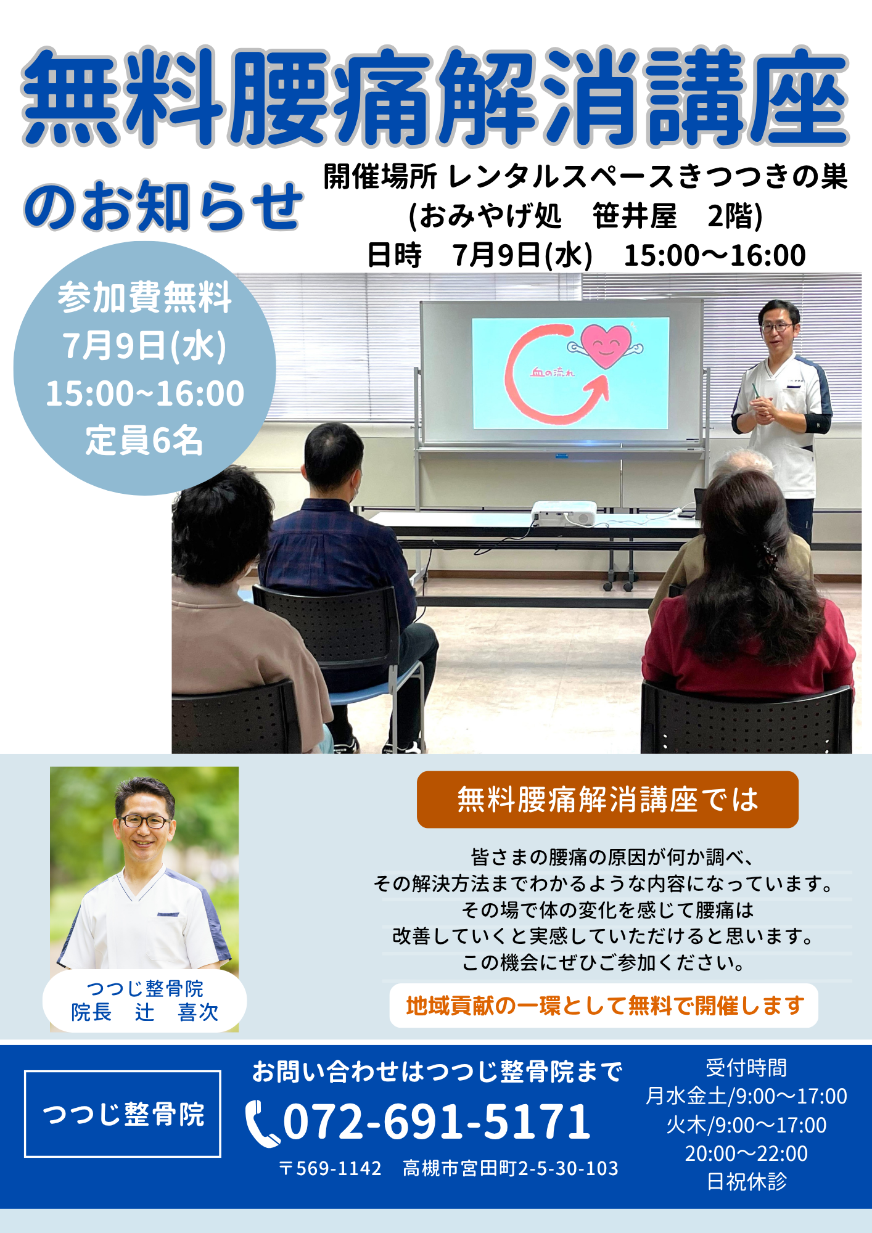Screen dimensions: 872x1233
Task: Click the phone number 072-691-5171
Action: tap(437, 1121)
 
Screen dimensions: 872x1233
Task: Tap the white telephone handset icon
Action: tap(261, 1124)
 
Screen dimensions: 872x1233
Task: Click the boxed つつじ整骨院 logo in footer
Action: tap(123, 1114)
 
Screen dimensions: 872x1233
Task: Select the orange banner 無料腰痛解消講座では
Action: tap(607, 800)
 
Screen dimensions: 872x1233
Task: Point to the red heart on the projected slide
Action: tap(606, 346)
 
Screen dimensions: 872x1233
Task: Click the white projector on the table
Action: tap(564, 513)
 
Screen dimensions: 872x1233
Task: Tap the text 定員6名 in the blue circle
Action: tap(144, 441)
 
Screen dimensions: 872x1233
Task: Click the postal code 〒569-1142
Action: tap(330, 1168)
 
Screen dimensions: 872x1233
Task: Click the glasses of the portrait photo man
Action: tap(144, 821)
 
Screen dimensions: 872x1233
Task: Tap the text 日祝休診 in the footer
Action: tap(747, 1182)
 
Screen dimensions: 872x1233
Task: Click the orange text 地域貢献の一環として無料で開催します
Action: tap(605, 1006)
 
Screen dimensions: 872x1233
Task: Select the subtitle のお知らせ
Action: tap(163, 206)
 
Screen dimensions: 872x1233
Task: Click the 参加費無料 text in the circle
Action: tap(145, 298)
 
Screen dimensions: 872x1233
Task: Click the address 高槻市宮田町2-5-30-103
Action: tap(511, 1168)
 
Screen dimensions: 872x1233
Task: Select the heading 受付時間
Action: tap(746, 1068)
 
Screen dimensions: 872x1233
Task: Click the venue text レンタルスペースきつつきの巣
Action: tap(648, 177)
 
